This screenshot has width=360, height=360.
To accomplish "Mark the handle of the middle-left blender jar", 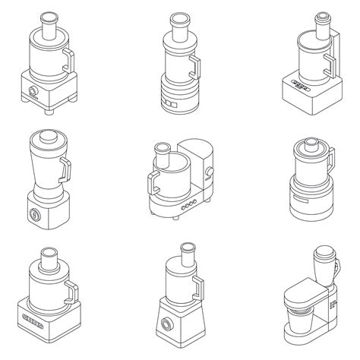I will [x=65, y=169].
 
